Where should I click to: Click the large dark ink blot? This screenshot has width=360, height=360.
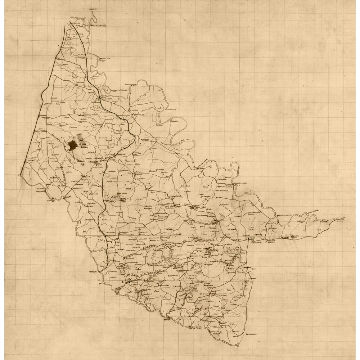coord(72,145)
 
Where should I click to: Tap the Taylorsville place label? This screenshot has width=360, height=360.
coord(68,48)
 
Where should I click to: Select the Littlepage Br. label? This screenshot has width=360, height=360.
coord(132,85)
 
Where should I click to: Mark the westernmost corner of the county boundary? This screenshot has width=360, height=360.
coord(21,175)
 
